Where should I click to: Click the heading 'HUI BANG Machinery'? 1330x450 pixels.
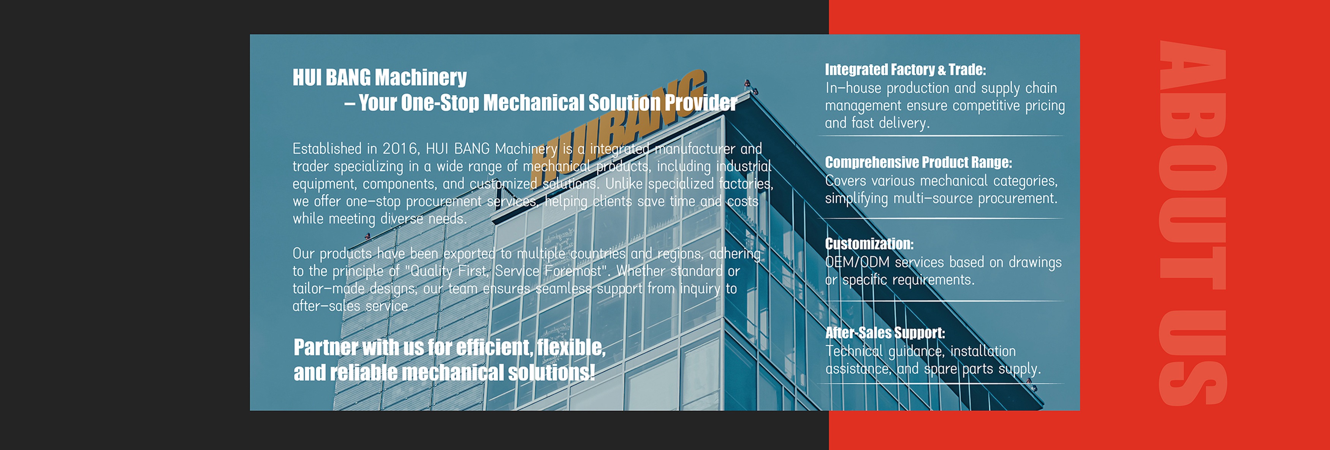(x=380, y=78)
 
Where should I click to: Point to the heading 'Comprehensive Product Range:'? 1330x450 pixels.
(x=918, y=163)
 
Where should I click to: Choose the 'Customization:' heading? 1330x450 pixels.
(x=869, y=244)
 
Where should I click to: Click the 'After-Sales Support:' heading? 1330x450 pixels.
(x=885, y=333)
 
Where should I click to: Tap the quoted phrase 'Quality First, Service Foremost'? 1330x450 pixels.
(x=506, y=271)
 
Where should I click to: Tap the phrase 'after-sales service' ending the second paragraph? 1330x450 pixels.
(x=350, y=306)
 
